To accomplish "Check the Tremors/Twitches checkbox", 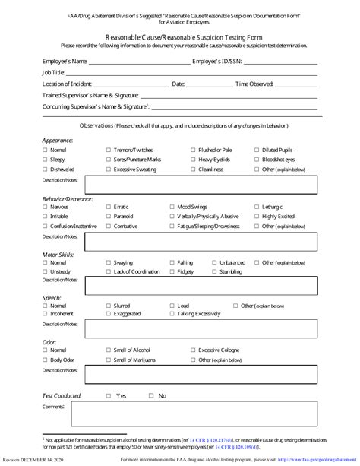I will (109, 151).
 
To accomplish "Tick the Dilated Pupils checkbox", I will (255, 151).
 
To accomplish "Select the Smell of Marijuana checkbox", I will (109, 360).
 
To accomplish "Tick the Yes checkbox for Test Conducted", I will (109, 396).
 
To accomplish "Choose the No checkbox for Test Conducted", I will (152, 396).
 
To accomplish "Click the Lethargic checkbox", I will (255, 207).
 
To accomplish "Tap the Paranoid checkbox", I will (109, 217).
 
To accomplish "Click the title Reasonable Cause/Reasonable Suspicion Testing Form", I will (179, 36).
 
